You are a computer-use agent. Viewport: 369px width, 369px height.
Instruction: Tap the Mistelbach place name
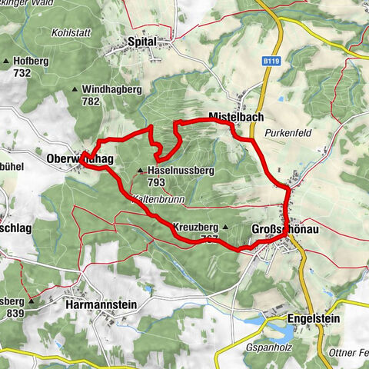[237, 117]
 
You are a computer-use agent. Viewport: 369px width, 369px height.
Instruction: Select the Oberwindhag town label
[80, 158]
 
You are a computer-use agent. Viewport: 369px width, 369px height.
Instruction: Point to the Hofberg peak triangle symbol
[7, 61]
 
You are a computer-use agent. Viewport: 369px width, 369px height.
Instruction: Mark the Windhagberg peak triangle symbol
[75, 89]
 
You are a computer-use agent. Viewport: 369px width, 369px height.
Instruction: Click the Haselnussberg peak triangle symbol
[140, 171]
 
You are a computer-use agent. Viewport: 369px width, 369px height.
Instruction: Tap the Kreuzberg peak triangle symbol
[225, 228]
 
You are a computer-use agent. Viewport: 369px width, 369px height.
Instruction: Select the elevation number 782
[92, 101]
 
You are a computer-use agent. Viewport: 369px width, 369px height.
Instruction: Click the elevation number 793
[156, 182]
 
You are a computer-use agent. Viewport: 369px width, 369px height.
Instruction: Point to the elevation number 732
[20, 72]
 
